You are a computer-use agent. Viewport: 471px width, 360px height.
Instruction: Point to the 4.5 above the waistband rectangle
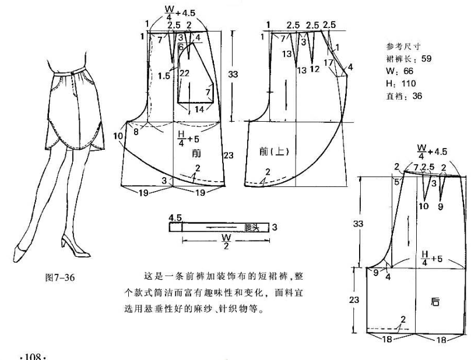[175, 217]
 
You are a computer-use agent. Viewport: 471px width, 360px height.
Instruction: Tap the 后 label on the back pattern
[435, 303]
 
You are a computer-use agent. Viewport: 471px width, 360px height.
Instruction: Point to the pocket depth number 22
[185, 73]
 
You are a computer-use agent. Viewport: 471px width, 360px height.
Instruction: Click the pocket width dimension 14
[199, 109]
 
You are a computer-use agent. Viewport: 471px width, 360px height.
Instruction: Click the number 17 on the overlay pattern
[329, 62]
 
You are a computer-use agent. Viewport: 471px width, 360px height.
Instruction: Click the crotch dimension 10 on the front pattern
[118, 136]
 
